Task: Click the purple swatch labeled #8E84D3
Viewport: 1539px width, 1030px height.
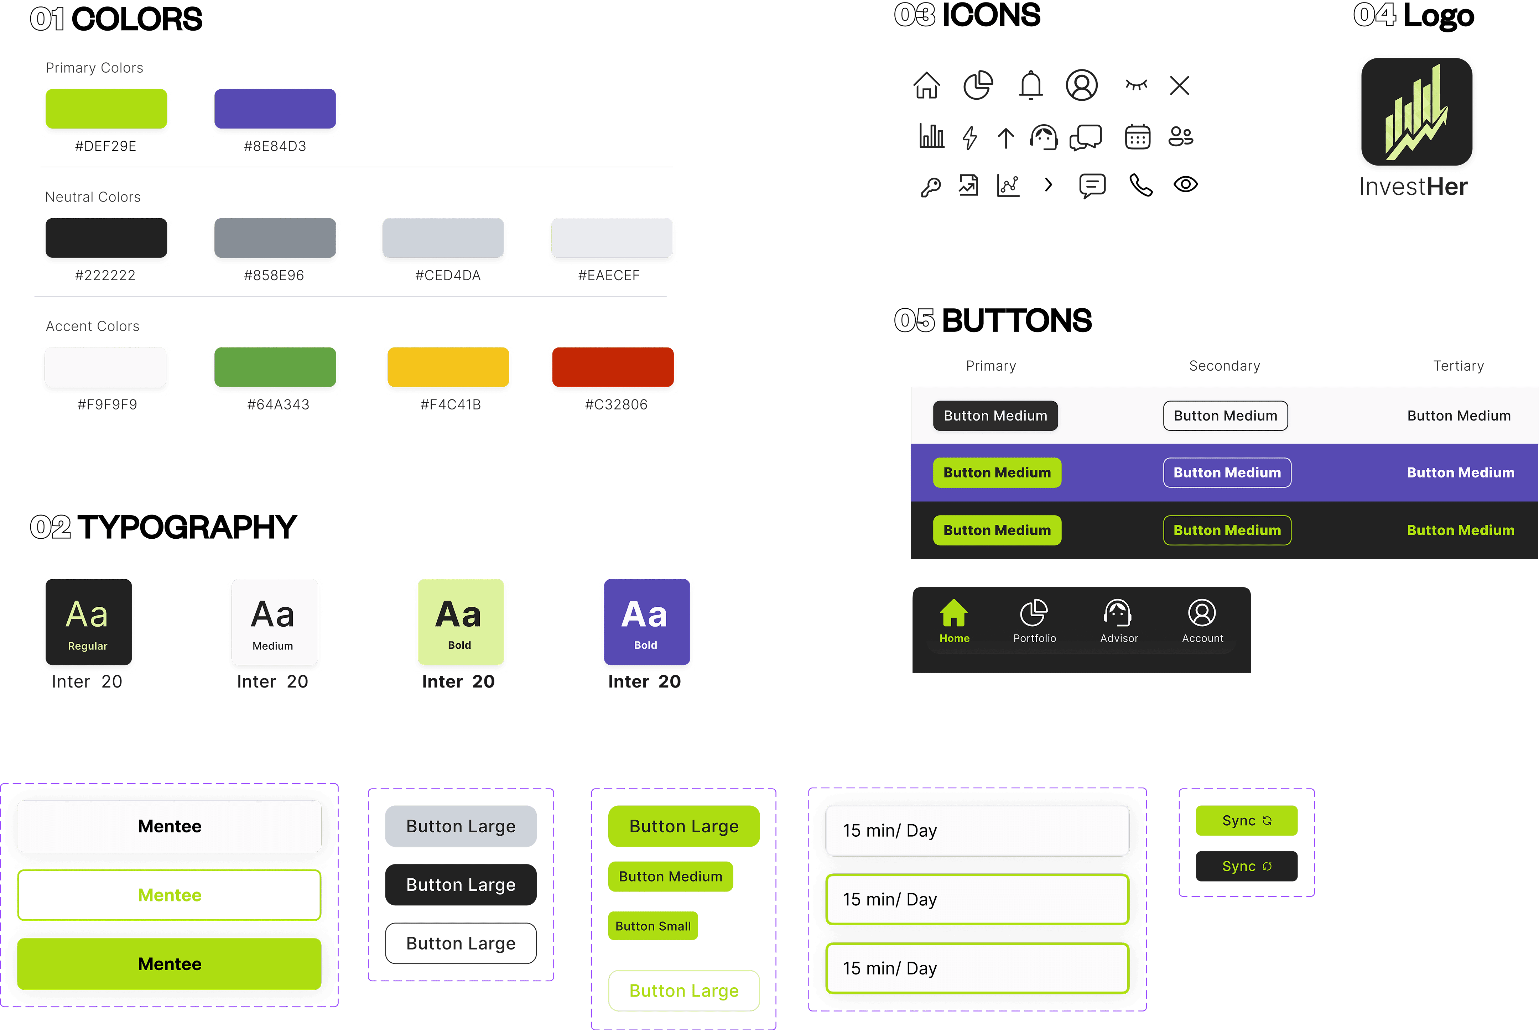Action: coord(275,108)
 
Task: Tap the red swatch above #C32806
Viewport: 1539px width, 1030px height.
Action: coord(613,367)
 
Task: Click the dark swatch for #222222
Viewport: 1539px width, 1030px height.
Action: coord(106,238)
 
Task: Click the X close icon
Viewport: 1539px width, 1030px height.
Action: coord(1180,85)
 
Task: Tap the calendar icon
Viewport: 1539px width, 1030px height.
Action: coord(1138,137)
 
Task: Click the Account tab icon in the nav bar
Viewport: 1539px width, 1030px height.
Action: coord(1202,613)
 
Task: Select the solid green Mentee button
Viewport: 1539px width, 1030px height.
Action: coord(170,964)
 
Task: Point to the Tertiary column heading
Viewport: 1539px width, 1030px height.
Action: coord(1458,366)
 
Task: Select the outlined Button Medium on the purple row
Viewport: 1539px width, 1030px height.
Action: coord(1227,473)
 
